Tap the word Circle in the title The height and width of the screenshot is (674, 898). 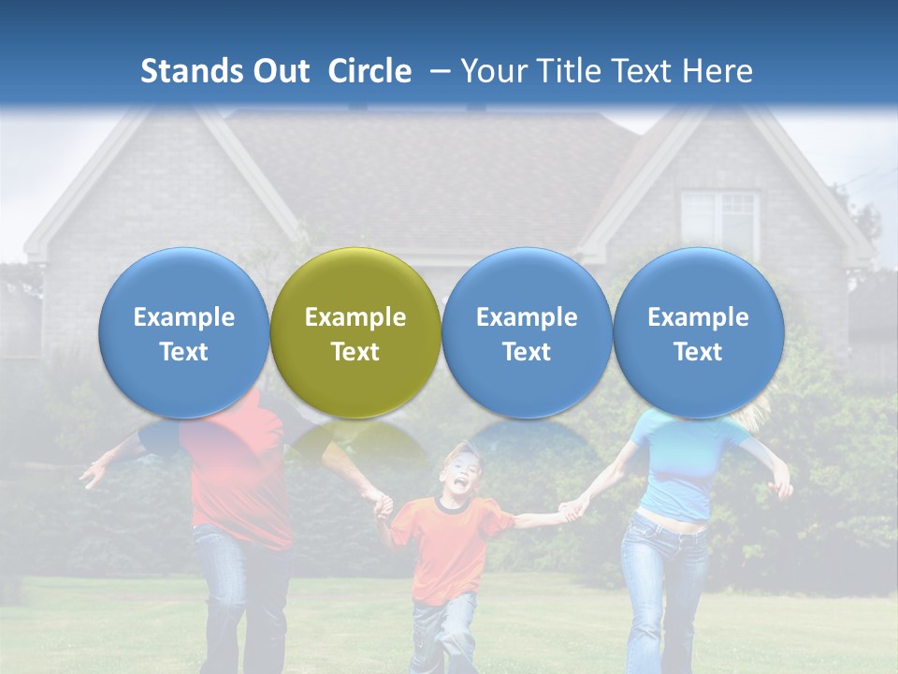pyautogui.click(x=369, y=71)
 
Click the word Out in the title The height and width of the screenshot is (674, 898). pyautogui.click(x=282, y=71)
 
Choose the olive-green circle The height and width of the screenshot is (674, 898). pyautogui.click(x=355, y=333)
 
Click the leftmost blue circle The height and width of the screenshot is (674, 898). pyautogui.click(x=183, y=333)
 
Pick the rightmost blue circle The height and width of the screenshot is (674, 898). pyautogui.click(x=698, y=333)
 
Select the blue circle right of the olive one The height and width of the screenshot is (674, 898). pyautogui.click(x=527, y=333)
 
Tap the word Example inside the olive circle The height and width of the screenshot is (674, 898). pyautogui.click(x=355, y=317)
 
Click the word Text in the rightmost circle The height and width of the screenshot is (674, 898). pyautogui.click(x=698, y=352)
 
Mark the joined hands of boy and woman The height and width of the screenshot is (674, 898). pyautogui.click(x=571, y=510)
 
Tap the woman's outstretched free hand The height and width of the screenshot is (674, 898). pyautogui.click(x=781, y=487)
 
